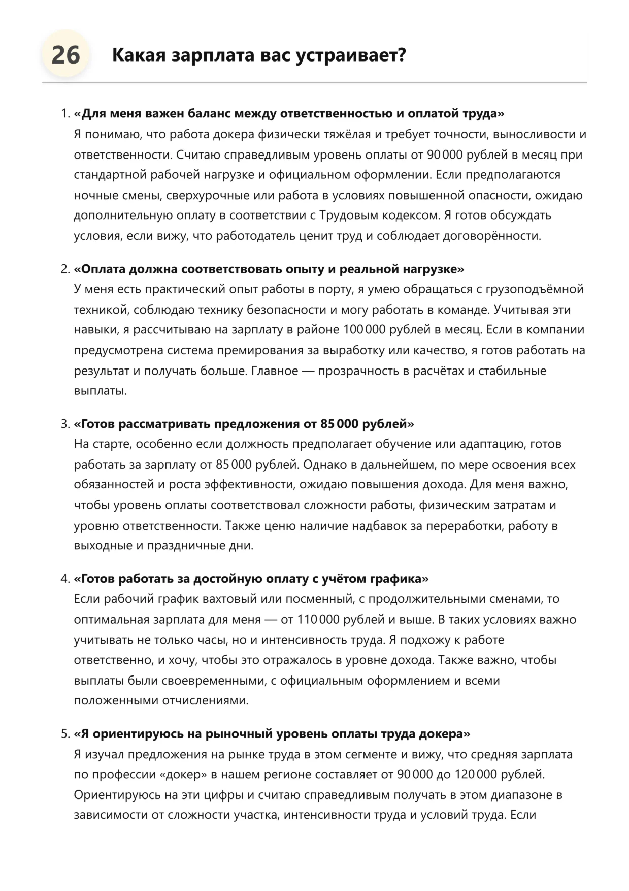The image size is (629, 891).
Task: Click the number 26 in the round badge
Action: tap(65, 54)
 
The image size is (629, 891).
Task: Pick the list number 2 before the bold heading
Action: tap(64, 269)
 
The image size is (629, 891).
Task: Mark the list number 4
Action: tap(64, 579)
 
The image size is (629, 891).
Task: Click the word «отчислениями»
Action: tap(205, 701)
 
